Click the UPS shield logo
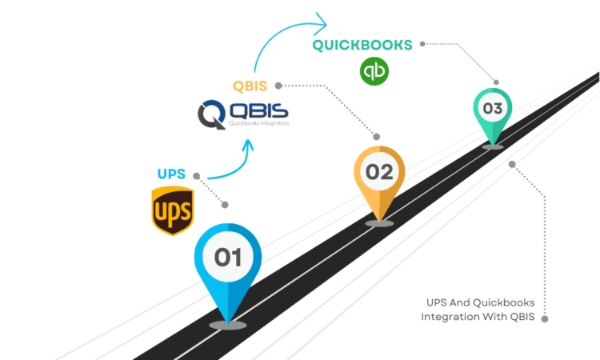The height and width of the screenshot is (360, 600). (172, 210)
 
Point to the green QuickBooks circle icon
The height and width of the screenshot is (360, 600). (374, 70)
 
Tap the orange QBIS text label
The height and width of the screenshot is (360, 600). (250, 85)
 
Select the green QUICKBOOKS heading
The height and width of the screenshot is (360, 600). (362, 45)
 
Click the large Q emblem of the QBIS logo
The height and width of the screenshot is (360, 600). (213, 114)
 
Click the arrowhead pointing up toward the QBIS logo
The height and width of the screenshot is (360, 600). (250, 145)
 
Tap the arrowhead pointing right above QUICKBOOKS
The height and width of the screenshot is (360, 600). (322, 20)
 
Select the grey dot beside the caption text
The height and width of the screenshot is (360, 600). (546, 318)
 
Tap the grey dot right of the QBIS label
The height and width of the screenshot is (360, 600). (277, 85)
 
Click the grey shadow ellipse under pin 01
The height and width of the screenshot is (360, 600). (227, 325)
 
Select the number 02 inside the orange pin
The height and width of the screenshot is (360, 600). (379, 171)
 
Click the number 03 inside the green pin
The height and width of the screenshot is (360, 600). (492, 108)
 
